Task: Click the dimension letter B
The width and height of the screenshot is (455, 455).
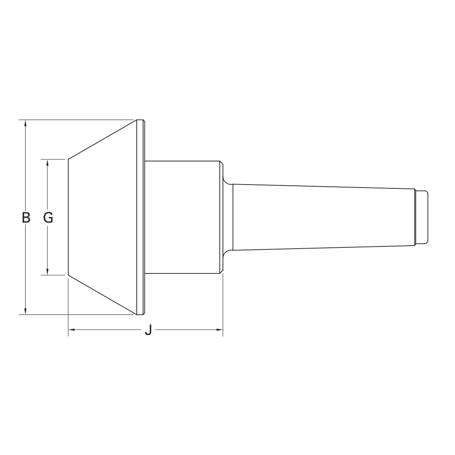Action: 26,217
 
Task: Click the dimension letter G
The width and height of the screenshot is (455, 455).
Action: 48,217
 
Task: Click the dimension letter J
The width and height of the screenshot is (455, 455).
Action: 148,330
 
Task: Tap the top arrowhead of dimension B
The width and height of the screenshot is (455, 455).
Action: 26,123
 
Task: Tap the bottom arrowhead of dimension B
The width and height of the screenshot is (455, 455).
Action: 26,311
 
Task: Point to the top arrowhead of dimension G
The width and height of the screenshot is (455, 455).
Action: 47,162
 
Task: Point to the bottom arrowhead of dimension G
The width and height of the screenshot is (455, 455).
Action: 47,272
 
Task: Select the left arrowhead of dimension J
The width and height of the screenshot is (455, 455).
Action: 72,330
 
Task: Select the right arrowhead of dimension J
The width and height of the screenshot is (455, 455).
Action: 220,330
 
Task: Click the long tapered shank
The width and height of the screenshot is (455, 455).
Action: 320,217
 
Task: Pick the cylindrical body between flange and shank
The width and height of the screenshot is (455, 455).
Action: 183,217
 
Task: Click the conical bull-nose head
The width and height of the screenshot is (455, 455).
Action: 103,217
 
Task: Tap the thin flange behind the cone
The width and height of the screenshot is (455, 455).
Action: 141,217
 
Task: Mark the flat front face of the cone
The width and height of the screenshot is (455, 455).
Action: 69,217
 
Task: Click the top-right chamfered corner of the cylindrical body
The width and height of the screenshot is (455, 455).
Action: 221,162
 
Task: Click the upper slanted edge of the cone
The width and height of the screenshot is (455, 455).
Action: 103,140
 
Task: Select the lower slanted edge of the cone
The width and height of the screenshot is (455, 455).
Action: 103,295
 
